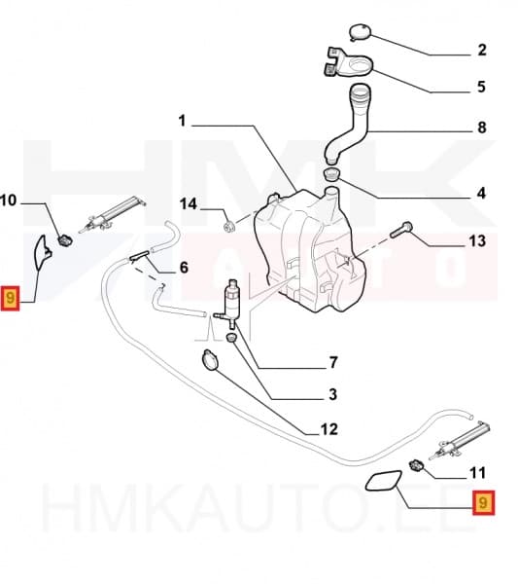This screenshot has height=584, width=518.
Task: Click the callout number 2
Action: (481, 50)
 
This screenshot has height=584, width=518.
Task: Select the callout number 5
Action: (481, 88)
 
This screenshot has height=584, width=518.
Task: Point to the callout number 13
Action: (475, 240)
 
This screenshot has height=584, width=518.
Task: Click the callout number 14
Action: (189, 204)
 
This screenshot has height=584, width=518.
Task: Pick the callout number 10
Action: (10, 201)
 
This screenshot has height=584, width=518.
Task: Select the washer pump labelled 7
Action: (234, 297)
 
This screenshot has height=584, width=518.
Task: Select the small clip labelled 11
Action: (419, 462)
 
